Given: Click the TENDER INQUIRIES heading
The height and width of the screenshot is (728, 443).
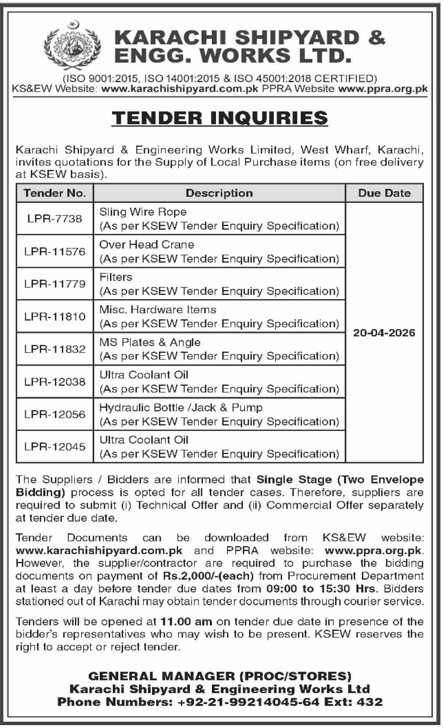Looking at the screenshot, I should [220, 118].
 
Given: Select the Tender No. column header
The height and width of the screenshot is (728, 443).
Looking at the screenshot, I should [54, 193].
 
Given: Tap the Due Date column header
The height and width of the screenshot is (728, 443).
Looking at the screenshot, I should [384, 193].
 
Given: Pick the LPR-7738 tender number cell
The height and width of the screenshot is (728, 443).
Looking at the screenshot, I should [54, 219].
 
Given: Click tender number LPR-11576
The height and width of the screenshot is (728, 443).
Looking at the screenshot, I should [54, 251].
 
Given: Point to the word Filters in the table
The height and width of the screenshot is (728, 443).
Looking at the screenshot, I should [116, 277].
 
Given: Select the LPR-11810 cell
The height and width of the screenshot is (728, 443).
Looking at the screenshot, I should [54, 317].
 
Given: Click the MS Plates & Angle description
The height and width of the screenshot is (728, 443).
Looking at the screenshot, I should [150, 342].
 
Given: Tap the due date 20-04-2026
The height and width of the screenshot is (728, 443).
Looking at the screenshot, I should [384, 333].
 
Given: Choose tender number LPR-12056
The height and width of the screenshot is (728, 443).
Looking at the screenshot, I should [54, 414].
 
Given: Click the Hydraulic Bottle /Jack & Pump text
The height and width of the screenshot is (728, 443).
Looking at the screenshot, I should [181, 407].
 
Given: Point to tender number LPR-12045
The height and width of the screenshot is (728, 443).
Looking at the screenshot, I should [54, 447].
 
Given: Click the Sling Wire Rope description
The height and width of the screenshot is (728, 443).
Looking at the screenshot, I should [143, 212].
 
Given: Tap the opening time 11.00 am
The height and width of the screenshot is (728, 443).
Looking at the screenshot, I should [186, 622].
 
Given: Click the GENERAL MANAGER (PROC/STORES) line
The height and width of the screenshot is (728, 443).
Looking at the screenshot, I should [220, 676].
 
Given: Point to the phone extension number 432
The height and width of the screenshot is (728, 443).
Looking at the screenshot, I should [370, 702].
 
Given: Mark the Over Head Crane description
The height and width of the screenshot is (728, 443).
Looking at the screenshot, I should [147, 244].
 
